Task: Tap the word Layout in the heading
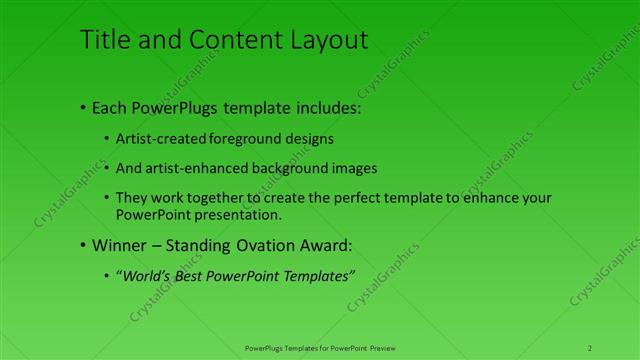click(x=331, y=40)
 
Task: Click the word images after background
click(x=355, y=168)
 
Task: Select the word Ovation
click(x=264, y=244)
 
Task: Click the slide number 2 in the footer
click(x=590, y=347)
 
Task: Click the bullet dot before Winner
click(x=81, y=245)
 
